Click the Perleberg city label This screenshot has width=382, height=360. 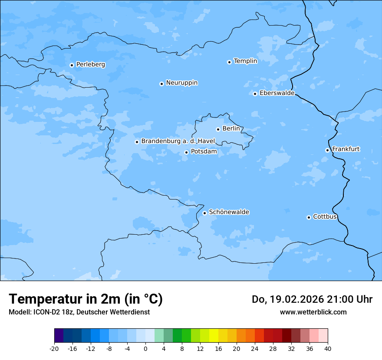[90, 65]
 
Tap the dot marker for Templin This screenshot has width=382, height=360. [229, 62]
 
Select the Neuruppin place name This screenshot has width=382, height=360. [181, 83]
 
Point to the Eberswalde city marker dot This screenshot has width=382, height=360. [255, 94]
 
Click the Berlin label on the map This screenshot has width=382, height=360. [231, 129]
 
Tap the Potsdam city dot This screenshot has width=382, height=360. [187, 152]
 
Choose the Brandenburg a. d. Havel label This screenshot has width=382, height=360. [178, 141]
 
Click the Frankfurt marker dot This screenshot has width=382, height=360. [328, 150]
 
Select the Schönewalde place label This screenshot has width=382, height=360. [229, 212]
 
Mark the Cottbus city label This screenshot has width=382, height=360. [325, 216]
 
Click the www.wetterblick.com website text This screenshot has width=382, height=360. [313, 312]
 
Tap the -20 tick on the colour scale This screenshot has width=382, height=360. [54, 348]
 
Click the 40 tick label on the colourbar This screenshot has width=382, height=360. [327, 348]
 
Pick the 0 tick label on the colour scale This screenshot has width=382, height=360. [145, 348]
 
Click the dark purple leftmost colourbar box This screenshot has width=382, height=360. [59, 336]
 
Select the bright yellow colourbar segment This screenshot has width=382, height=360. [214, 336]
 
